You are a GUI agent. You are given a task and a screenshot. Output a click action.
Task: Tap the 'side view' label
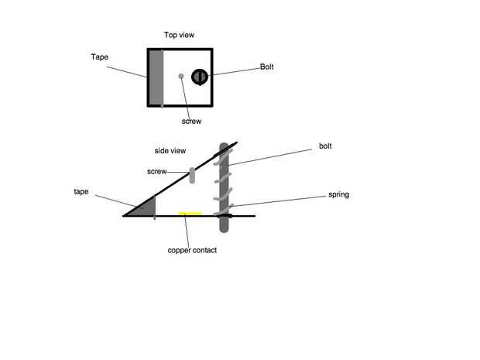(169, 150)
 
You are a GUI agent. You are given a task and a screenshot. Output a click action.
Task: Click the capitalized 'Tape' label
(99, 57)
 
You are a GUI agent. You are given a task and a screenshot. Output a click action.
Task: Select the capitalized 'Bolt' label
(266, 67)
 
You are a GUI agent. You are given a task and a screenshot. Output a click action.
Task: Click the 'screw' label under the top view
(191, 121)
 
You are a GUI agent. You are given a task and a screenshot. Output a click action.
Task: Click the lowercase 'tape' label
(81, 190)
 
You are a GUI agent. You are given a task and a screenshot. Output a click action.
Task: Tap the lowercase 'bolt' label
(326, 146)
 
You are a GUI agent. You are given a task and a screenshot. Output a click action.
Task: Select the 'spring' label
(338, 194)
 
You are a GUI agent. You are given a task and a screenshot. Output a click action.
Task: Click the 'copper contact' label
(192, 250)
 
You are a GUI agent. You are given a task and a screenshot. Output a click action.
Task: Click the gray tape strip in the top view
(157, 77)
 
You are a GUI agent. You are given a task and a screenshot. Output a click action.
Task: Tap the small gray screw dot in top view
(181, 76)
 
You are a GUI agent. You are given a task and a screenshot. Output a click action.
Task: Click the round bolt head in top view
(200, 76)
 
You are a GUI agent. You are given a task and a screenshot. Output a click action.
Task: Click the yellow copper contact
(190, 213)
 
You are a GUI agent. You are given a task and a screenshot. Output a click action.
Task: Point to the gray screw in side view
(192, 175)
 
